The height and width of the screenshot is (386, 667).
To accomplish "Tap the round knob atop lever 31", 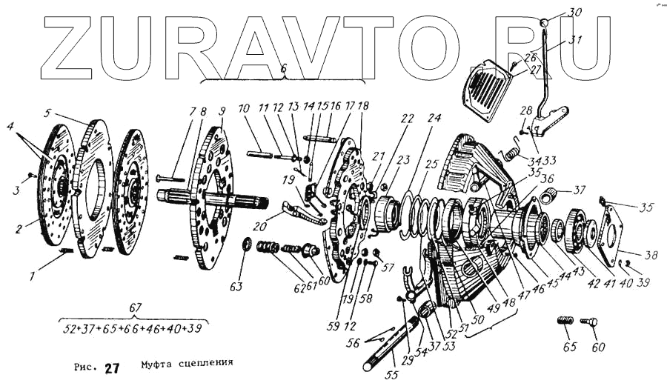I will [544, 22].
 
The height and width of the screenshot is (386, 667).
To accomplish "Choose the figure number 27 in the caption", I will [111, 368].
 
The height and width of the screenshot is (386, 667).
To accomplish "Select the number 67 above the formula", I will [135, 307].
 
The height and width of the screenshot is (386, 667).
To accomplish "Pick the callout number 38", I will [651, 256].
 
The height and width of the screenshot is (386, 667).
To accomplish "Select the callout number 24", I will [434, 119].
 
